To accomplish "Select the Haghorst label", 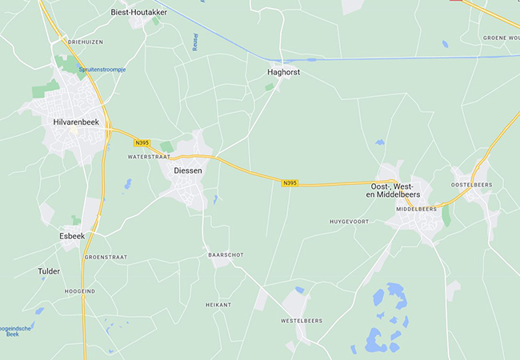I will tap(283, 72).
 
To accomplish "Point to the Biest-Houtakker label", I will tap(138, 13).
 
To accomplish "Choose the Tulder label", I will tap(49, 271).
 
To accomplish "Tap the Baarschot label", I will tap(225, 254).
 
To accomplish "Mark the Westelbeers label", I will tap(301, 321).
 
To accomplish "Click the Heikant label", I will tap(218, 305).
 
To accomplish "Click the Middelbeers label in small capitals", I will tap(417, 209).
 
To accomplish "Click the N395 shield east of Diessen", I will tap(290, 183).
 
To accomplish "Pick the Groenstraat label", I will tap(106, 257).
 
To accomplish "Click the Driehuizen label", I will tap(86, 41).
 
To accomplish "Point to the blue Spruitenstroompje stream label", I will tap(102, 70).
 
